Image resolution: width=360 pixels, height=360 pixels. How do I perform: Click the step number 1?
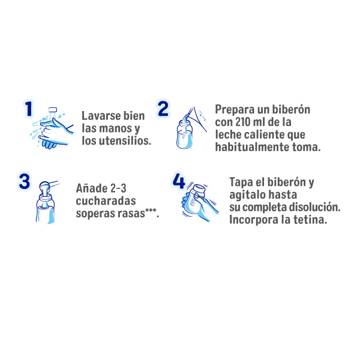pyautogui.click(x=29, y=109)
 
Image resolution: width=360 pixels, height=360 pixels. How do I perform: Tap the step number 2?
pyautogui.click(x=163, y=109)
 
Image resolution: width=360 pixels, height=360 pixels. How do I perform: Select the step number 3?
pyautogui.click(x=25, y=181)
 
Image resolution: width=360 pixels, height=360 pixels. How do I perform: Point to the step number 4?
pyautogui.click(x=179, y=181)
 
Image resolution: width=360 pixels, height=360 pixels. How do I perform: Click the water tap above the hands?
pyautogui.click(x=53, y=110)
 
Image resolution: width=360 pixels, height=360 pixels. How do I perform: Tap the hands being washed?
pyautogui.click(x=53, y=133)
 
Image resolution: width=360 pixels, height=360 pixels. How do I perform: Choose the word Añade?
pyautogui.click(x=92, y=188)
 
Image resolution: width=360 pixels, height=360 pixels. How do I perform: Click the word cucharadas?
pyautogui.click(x=106, y=200)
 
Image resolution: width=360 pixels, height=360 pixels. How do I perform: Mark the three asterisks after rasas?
pyautogui.click(x=151, y=210)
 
